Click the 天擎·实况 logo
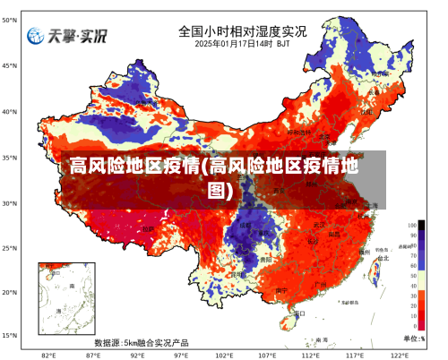[66, 36]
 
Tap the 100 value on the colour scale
[412, 225]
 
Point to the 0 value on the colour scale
[412, 325]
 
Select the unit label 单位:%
[414, 338]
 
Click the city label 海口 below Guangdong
[299, 313]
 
